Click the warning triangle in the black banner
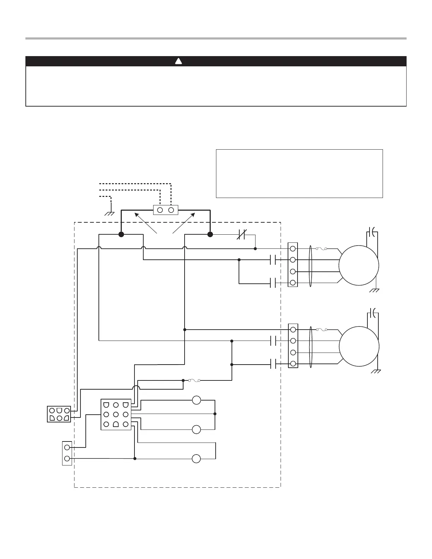179,61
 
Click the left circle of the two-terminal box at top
160,210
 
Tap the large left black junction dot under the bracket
121,234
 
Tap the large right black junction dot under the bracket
210,234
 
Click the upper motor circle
359,265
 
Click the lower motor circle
359,347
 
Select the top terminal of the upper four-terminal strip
293,249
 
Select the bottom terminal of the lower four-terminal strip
293,363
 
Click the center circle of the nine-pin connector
116,414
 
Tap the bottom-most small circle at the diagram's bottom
196,459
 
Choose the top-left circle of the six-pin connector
52,411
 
